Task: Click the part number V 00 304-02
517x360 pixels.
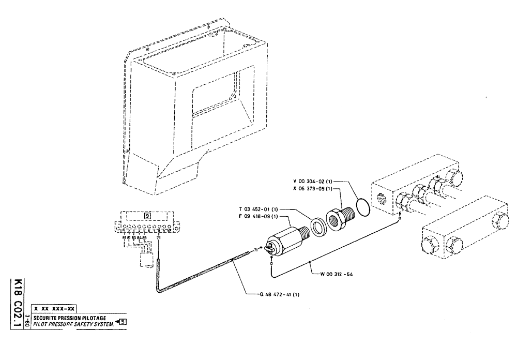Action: [312, 182]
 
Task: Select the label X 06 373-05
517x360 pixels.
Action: [312, 189]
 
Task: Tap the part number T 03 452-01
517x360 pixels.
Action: [258, 209]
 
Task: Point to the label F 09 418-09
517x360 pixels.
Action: [258, 216]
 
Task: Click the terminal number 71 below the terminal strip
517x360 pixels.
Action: [158, 238]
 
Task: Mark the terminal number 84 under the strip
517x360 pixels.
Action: [139, 238]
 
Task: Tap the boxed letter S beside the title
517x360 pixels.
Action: [124, 321]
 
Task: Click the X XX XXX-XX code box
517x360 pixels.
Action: [55, 309]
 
